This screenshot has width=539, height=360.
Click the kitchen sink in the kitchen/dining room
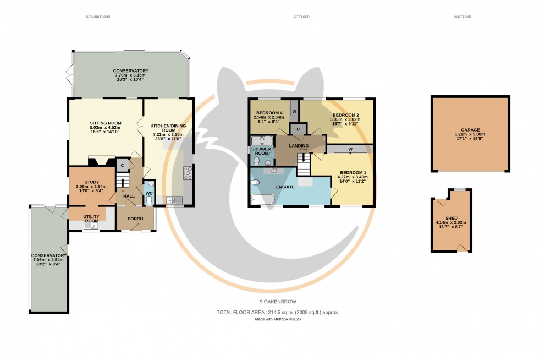click(x=170, y=200)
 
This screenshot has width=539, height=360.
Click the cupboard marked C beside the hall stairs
click(x=122, y=165)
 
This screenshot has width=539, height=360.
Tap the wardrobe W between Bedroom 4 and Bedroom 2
click(x=294, y=112)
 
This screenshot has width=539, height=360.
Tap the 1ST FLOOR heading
click(x=301, y=17)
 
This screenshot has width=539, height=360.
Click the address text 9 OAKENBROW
click(x=278, y=302)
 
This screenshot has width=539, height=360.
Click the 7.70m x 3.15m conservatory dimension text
click(x=131, y=75)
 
